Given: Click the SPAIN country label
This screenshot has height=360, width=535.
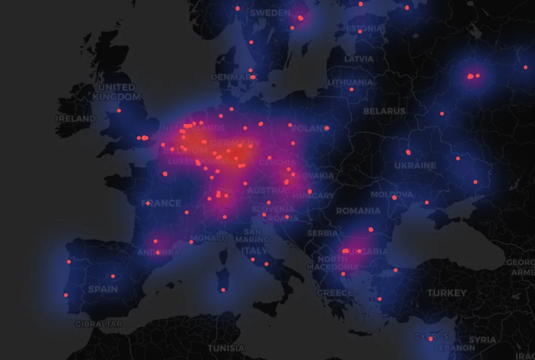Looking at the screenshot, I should click(x=103, y=290).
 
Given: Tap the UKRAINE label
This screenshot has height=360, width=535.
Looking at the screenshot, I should click(x=415, y=166).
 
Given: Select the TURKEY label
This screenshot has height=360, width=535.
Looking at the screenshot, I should click(x=446, y=293).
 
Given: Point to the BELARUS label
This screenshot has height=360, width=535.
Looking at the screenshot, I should click(x=385, y=111).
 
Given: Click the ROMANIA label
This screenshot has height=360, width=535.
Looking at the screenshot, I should click(x=358, y=211).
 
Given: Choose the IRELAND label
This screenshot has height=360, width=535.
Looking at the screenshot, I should click(x=76, y=118).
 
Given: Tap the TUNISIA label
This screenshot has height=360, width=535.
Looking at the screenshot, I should click(x=226, y=348).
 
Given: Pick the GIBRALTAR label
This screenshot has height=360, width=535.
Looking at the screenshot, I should click(x=98, y=324).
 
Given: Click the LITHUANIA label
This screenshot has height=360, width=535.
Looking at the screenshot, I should click(x=350, y=82).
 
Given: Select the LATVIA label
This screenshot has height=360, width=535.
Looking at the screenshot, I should click(x=359, y=59).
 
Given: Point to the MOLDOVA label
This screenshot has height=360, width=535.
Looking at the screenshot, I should click(x=392, y=194).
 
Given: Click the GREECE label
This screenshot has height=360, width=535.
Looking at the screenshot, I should click(x=335, y=293).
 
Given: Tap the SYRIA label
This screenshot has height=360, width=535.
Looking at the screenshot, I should click(x=482, y=340).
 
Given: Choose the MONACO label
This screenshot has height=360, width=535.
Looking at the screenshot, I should click(x=209, y=238).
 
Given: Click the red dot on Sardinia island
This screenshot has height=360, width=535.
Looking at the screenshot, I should click(x=223, y=290).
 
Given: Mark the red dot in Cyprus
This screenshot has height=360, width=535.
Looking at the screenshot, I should click(x=431, y=339).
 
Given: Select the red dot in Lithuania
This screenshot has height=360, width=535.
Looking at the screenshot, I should click(x=351, y=90).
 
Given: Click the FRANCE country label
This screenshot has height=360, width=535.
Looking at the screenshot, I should click(x=161, y=203).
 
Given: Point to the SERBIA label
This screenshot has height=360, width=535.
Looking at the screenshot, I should click(x=322, y=233).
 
